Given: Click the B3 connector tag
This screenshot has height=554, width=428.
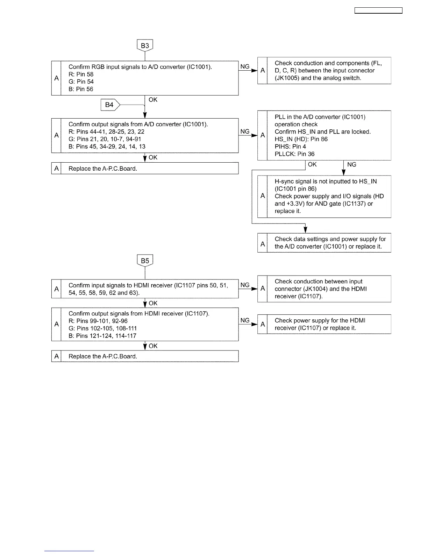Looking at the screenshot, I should pyautogui.click(x=145, y=45).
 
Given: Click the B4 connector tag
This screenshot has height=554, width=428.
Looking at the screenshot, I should pyautogui.click(x=110, y=105).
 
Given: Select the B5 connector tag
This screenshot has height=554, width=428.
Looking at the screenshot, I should pyautogui.click(x=145, y=261).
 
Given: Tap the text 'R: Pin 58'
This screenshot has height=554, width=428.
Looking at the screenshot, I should pyautogui.click(x=81, y=74).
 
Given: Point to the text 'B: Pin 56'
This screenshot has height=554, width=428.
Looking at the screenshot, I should pyautogui.click(x=81, y=89).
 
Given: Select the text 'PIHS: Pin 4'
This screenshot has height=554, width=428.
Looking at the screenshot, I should pyautogui.click(x=290, y=147).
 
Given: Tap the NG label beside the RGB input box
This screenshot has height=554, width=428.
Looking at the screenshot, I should pyautogui.click(x=245, y=66).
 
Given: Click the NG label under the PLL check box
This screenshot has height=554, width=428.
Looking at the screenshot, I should pyautogui.click(x=352, y=164).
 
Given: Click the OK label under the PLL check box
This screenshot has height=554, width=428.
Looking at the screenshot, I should pyautogui.click(x=312, y=164).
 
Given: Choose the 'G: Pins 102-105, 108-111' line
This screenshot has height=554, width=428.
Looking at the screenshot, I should pyautogui.click(x=103, y=328).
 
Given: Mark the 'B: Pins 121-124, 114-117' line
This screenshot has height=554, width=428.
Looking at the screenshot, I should pyautogui.click(x=102, y=336).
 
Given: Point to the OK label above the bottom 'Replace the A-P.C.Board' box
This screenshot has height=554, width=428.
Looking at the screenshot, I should pyautogui.click(x=153, y=346).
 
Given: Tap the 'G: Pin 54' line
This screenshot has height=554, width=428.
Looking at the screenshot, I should pyautogui.click(x=81, y=81).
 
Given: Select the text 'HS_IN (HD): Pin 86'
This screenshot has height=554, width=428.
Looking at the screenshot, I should pyautogui.click(x=301, y=139).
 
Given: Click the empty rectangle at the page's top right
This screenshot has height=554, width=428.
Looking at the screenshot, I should pyautogui.click(x=378, y=10).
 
